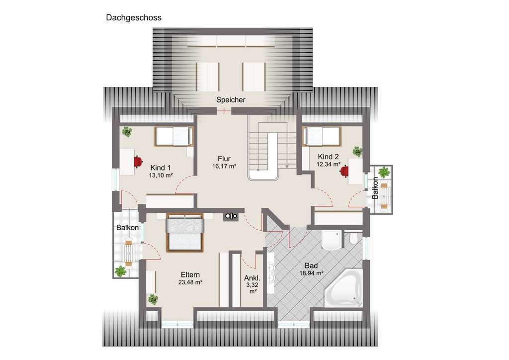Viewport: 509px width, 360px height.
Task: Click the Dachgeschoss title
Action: coord(133,17)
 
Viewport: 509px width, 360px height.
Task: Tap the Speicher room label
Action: coord(231,100)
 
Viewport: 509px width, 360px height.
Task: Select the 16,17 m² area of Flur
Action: coord(224,166)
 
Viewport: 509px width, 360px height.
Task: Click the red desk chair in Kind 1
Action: coord(138,161)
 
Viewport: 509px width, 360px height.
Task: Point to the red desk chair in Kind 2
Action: coord(344,171)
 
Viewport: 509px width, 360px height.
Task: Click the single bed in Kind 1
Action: coord(173,136)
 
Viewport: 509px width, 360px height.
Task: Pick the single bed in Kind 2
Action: coord(322,136)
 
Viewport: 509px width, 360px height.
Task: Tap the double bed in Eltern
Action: coord(185,232)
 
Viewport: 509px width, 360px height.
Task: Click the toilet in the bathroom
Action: coord(353,238)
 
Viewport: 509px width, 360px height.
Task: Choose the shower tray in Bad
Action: coord(332,240)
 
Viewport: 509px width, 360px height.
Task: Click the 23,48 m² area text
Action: coord(190,282)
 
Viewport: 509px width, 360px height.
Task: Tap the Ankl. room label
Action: coord(252,278)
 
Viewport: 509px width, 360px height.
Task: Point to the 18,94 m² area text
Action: coord(311,273)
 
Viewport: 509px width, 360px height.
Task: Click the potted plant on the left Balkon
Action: coord(120,271)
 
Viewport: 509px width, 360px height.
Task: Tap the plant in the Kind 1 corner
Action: coord(127,132)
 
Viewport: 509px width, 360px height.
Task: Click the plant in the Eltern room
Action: coord(153,299)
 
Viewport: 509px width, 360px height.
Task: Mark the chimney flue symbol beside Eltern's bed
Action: coord(231,216)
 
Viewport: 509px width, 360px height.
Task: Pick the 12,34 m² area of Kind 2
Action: coord(329,165)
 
